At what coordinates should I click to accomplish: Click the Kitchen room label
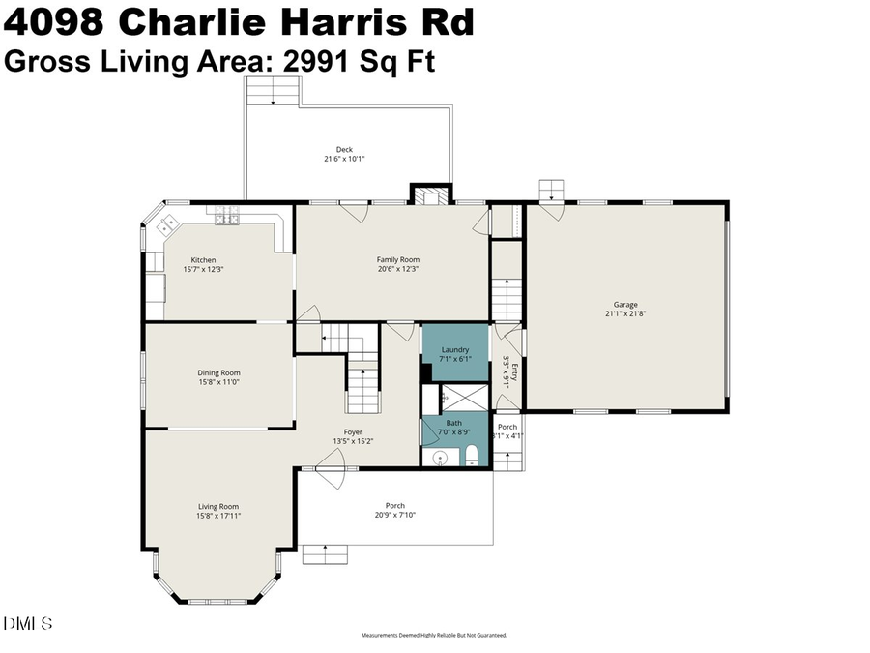203,259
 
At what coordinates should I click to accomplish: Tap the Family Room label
397,259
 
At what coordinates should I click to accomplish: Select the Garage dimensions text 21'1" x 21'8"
625,313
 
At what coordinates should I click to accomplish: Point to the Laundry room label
455,349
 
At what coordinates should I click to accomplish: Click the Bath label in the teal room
453,423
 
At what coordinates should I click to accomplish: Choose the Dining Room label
218,372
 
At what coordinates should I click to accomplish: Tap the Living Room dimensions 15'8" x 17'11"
218,516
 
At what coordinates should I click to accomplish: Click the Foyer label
354,431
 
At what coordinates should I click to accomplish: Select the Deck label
344,149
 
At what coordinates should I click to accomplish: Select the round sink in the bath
440,458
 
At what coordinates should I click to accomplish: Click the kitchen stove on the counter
227,219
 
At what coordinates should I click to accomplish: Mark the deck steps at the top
273,94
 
